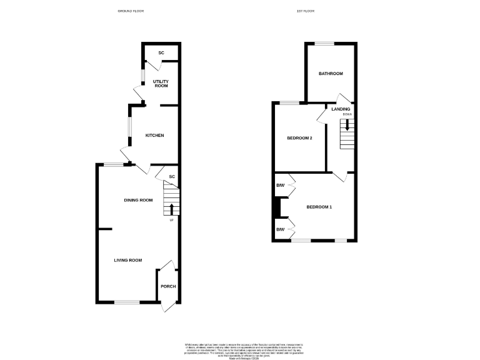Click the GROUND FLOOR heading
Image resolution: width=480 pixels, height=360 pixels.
point(131,11)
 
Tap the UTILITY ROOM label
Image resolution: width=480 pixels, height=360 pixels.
point(161,84)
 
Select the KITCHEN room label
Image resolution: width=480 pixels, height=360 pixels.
point(155,136)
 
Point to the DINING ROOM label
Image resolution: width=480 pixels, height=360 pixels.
point(138,200)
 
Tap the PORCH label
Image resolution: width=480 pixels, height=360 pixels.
point(168,286)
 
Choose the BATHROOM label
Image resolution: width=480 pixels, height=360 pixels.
point(331,74)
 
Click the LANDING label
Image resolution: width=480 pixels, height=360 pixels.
point(341,109)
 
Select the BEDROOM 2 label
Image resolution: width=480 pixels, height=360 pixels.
point(299,138)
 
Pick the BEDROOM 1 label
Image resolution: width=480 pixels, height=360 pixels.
point(319,207)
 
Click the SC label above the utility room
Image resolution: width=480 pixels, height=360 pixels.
point(161,53)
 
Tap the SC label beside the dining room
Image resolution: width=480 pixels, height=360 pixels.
point(172,177)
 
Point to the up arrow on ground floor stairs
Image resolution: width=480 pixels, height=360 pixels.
point(171,209)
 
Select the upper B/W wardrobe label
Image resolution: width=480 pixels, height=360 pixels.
point(281,185)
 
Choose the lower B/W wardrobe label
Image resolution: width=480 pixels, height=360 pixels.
point(281,230)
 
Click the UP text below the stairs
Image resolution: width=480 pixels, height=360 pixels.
point(171,220)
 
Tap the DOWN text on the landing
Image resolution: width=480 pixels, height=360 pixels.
point(347,115)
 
